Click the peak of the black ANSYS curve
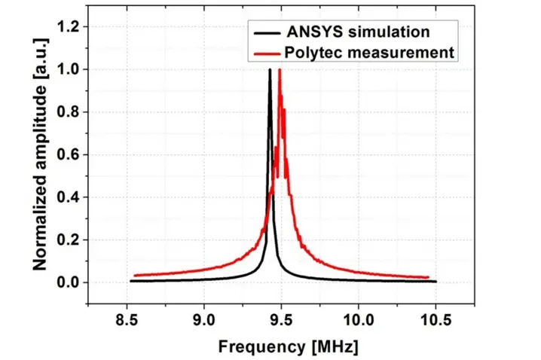[x=270, y=70]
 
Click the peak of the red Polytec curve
[x=280, y=70]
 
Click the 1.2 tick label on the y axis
[x=69, y=27]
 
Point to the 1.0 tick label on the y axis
[x=69, y=69]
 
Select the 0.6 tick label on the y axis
[x=69, y=154]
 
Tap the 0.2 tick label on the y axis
[x=69, y=239]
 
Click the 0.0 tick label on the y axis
[x=69, y=282]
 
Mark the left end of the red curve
[x=135, y=276]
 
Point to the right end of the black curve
[x=436, y=281]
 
